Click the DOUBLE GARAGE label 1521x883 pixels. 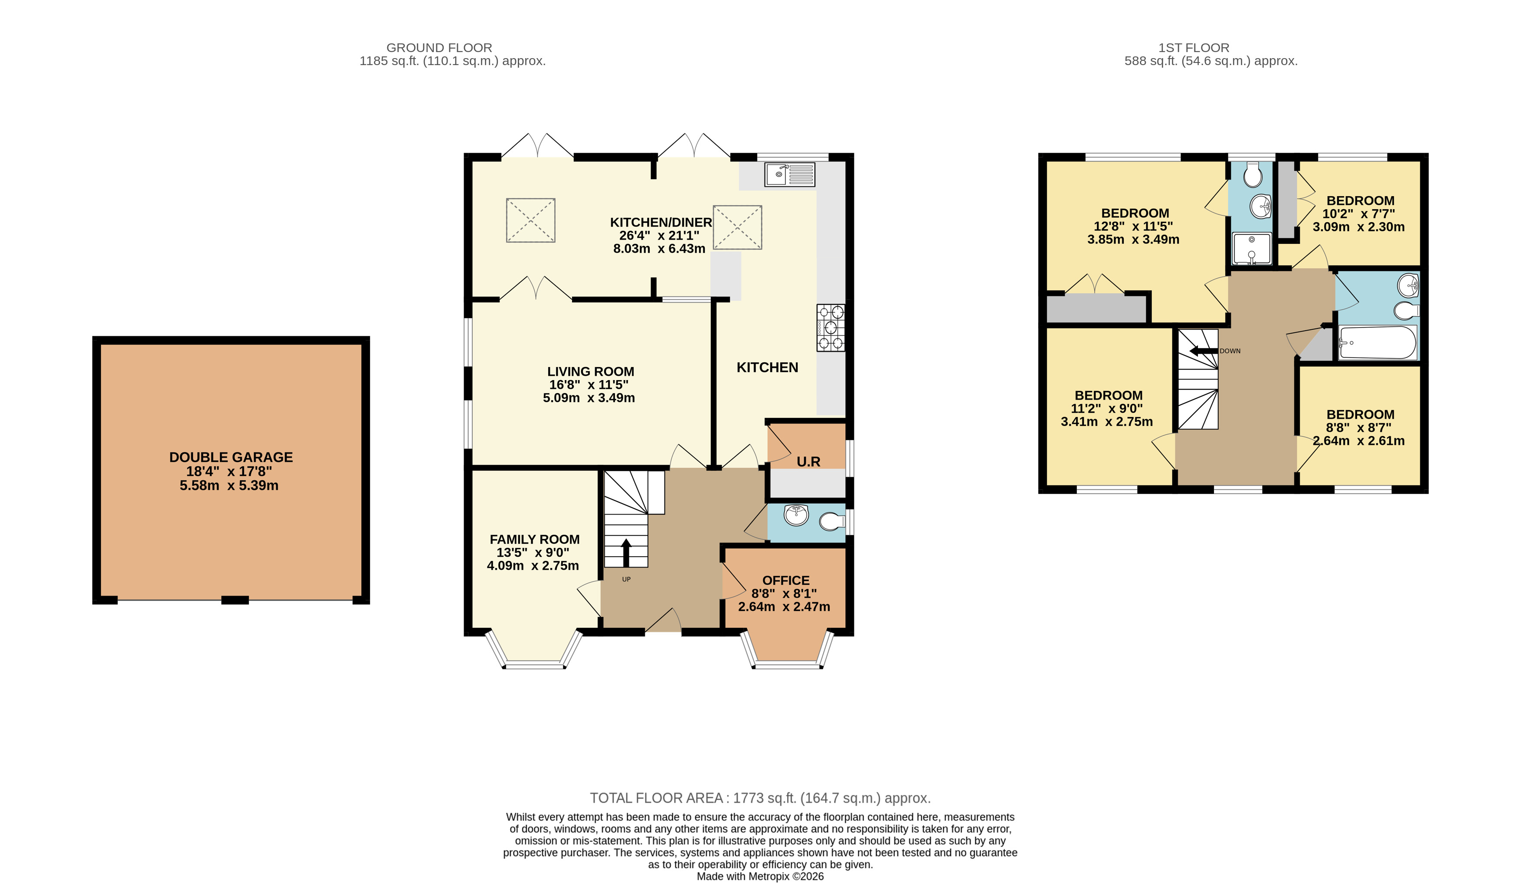pos(231,457)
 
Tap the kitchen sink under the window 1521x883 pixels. pos(789,174)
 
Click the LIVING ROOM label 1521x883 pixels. pos(590,371)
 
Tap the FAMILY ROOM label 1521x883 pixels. pos(534,539)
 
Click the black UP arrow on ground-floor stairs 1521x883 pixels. pos(626,552)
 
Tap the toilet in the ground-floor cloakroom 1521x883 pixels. pos(832,521)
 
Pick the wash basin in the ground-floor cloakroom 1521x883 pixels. pos(796,515)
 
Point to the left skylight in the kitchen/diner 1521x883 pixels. pos(530,220)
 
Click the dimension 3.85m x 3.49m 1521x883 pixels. pos(1134,239)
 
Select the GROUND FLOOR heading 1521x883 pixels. pos(439,48)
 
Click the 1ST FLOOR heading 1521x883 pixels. pos(1194,48)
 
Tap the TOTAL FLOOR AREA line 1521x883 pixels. pos(761,798)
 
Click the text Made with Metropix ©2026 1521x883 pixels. pos(761,876)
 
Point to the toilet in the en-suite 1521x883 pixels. pos(1253,174)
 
